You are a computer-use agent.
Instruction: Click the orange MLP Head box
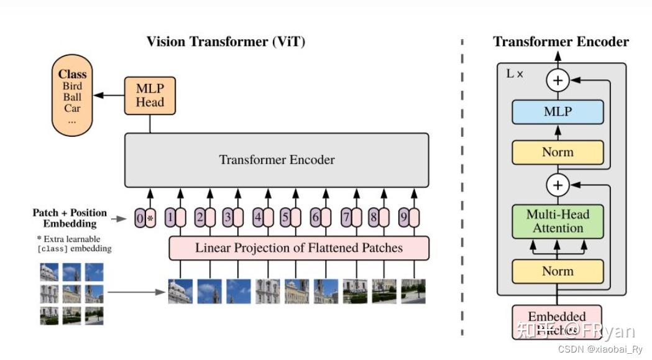point(150,96)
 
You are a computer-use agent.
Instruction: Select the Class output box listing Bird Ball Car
point(72,95)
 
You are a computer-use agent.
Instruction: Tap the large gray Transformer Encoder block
point(277,160)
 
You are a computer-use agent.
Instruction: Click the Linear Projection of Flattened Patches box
point(299,248)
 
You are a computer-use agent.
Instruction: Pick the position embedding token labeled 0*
point(145,218)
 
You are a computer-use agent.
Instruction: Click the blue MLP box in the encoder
point(558,113)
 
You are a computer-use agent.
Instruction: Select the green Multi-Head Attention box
point(558,221)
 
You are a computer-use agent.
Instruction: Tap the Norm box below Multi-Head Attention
point(558,271)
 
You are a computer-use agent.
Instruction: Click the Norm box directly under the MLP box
point(558,152)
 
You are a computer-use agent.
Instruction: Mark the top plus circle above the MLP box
point(558,80)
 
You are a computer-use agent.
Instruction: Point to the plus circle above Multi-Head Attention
point(558,185)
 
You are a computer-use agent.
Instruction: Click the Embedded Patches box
point(557,321)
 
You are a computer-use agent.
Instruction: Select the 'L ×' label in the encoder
point(515,73)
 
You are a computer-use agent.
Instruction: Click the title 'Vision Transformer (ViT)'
point(226,42)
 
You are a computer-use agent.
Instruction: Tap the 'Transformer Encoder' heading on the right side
point(561,42)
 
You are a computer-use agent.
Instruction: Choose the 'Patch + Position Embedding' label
point(70,218)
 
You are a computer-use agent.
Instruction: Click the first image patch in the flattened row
point(180,291)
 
